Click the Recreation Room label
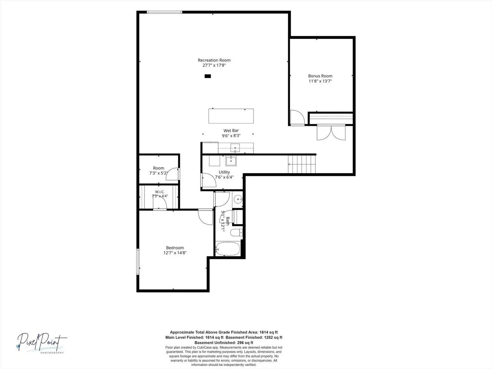coord(214,60)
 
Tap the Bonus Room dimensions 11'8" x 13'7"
coord(320,81)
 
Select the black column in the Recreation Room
coord(208,76)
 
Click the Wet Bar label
coord(231,131)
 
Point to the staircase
coord(302,164)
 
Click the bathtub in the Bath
coord(228,249)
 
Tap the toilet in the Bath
coord(236,233)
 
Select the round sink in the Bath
coord(238,199)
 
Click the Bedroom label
coord(175,248)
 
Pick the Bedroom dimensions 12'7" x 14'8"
coord(175,253)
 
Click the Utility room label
coord(224,172)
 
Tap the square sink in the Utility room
coord(231,161)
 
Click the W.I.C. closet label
coord(160,192)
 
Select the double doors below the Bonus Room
coord(331,133)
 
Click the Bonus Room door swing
coord(298,117)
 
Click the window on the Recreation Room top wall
coord(164,12)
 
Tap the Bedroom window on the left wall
coord(138,261)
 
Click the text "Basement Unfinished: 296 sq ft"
coord(224,343)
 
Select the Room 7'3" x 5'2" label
coord(159,170)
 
